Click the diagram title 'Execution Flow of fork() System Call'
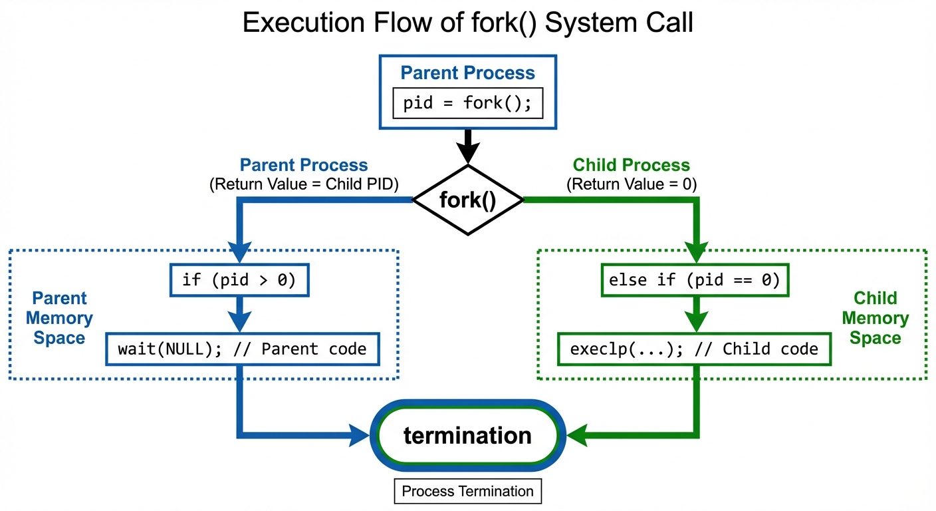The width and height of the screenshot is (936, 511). point(467,23)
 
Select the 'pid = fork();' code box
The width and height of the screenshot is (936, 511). point(467,104)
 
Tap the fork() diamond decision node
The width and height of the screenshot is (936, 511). point(468,200)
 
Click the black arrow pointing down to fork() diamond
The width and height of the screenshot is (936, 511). point(468,146)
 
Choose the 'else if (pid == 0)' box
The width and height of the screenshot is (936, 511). point(694,279)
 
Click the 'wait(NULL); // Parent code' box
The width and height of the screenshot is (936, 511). point(242,349)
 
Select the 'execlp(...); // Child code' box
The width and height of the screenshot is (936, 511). point(694,349)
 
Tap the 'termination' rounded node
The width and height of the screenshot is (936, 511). point(467,436)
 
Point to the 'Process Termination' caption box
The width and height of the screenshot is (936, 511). point(467,492)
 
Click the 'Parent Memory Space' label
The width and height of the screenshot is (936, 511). point(59,318)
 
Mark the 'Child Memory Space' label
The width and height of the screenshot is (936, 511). point(875,318)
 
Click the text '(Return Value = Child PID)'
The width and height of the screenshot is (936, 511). point(304,185)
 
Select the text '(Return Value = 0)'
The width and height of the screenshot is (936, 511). point(631,185)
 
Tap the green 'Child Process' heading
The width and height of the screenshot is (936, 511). point(631,165)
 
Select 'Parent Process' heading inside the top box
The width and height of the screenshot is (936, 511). point(467,73)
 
